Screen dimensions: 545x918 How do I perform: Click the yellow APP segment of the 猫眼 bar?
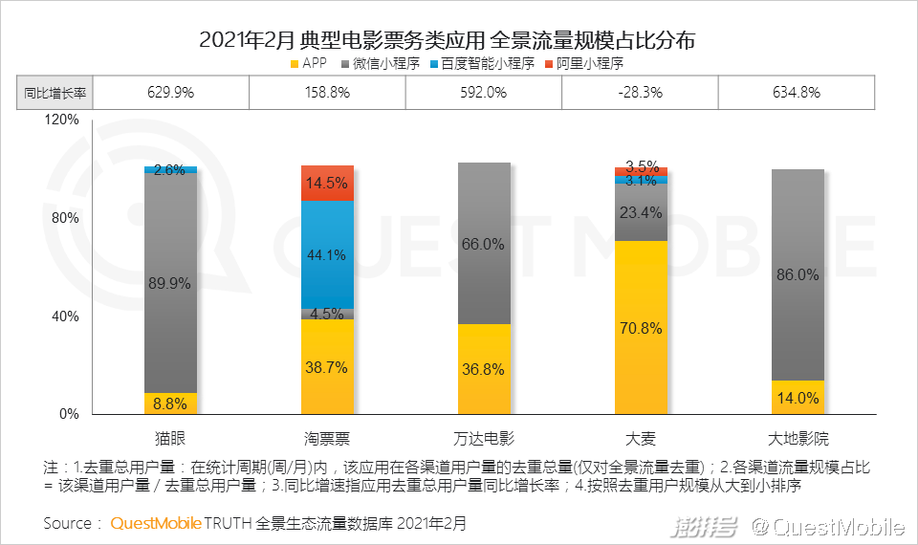170,403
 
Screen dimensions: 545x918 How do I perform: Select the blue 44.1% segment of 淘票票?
327,254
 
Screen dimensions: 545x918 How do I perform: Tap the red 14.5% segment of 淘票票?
327,183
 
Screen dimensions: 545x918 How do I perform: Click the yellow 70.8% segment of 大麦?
641,327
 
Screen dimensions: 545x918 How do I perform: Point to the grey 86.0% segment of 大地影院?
798,274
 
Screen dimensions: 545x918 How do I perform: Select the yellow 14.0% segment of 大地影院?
798,398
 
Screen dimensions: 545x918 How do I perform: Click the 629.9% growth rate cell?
170,93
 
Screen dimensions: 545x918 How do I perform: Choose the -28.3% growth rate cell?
641,93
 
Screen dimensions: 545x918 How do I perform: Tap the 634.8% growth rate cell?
796,93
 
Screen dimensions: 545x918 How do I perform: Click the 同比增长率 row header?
55,93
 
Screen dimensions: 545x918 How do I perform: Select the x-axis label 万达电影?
484,440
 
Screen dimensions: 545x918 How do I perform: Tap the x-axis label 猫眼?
170,440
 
